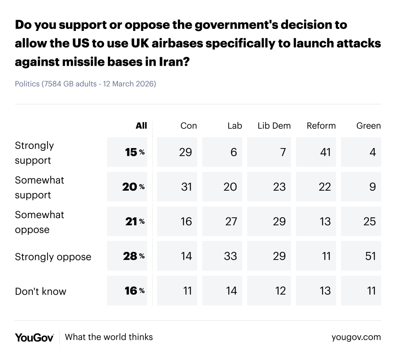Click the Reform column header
coord(321,126)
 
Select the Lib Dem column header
coord(274,126)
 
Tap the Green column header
coord(368,126)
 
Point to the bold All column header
coord(141,126)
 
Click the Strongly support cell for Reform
coord(319,152)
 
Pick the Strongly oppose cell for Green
coord(366,256)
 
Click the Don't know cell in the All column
coord(127,291)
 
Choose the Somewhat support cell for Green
coord(366,187)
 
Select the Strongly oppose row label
coord(53,257)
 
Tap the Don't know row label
coord(41,291)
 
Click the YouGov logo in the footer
coord(34,337)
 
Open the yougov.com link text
coord(356,337)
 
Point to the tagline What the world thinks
coord(109,337)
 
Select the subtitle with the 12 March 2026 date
coord(85,84)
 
